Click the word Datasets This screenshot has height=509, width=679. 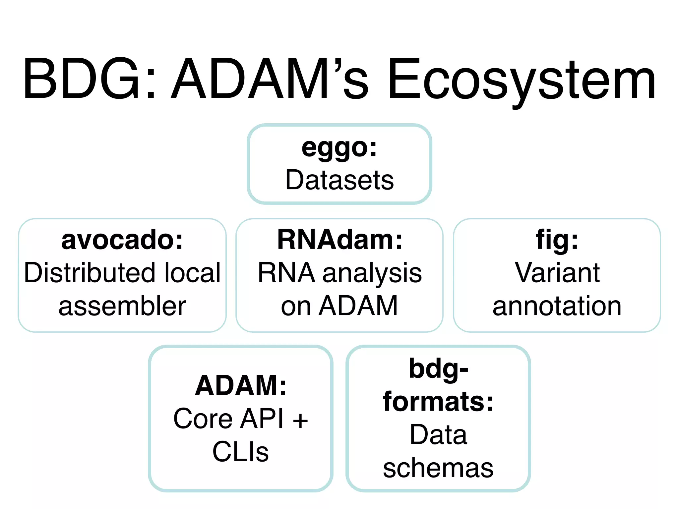(339, 180)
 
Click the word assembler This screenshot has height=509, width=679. (122, 306)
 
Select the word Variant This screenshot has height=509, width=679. (557, 273)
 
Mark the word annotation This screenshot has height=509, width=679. (557, 306)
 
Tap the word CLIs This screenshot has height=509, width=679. (241, 452)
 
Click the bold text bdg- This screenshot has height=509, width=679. (438, 368)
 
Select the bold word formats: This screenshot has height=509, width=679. (438, 402)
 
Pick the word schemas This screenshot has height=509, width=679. (438, 468)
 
